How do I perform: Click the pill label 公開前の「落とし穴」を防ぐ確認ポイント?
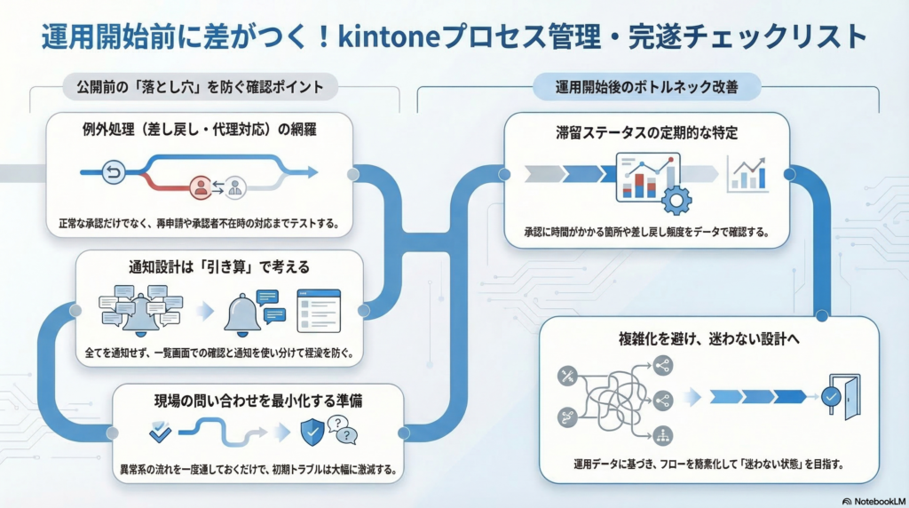pyautogui.click(x=200, y=86)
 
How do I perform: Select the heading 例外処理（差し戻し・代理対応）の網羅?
pyautogui.click(x=197, y=131)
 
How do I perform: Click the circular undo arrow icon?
pyautogui.click(x=113, y=173)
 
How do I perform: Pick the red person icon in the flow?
pyautogui.click(x=202, y=187)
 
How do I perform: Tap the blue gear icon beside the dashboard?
pyautogui.click(x=676, y=199)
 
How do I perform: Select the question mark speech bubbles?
pyautogui.click(x=342, y=430)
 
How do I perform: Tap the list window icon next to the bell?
pyautogui.click(x=319, y=310)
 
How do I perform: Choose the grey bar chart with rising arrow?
pyautogui.click(x=747, y=173)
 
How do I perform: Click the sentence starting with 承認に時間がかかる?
pyautogui.click(x=645, y=233)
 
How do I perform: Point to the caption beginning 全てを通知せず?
pyautogui.click(x=218, y=353)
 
